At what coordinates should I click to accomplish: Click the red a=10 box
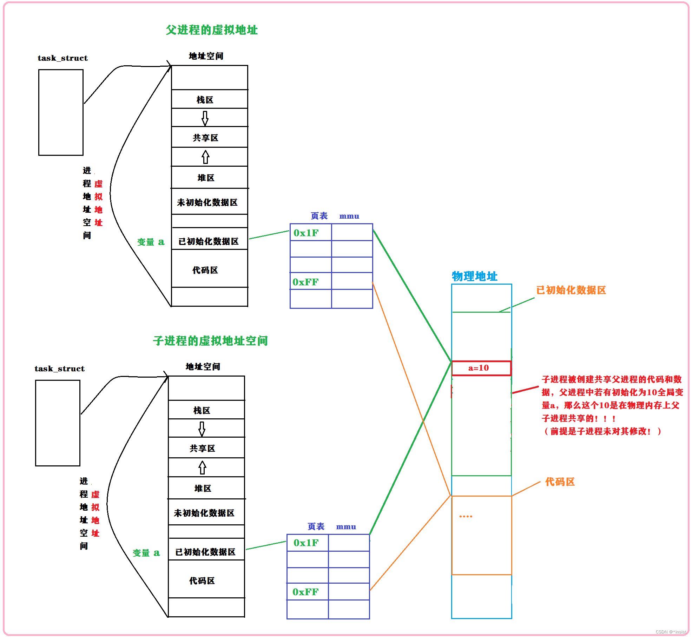[481, 368]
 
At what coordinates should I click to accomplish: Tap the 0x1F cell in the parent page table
[310, 233]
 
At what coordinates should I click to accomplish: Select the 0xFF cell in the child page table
[308, 592]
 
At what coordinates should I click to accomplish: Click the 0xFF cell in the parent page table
[310, 281]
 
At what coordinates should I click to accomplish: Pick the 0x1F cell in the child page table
[308, 543]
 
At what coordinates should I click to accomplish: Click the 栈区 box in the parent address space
[209, 100]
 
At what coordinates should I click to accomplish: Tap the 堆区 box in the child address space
[206, 488]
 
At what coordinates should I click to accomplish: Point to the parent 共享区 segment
[209, 138]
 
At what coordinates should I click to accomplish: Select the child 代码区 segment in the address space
[206, 580]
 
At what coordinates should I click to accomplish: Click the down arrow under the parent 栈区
[205, 118]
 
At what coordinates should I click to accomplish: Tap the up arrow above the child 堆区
[202, 467]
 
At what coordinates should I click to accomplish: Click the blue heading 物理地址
[474, 276]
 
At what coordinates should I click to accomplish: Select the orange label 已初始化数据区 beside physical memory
[571, 290]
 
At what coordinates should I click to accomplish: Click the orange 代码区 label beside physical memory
[560, 482]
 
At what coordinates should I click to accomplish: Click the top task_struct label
[62, 58]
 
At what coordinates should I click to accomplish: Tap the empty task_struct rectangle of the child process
[58, 423]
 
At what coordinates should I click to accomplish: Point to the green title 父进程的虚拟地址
[212, 30]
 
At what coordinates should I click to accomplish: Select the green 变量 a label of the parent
[151, 242]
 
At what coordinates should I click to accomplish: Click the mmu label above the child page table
[346, 527]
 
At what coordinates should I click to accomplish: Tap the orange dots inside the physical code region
[466, 516]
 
